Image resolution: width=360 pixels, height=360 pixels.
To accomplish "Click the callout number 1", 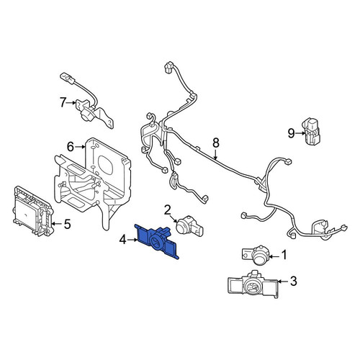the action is coord(284,255).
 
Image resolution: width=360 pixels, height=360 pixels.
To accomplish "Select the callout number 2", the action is coord(167,210).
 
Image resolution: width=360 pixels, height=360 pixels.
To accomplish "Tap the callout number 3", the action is coord(294,281).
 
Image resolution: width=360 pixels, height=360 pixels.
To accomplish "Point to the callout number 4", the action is coord(122,240).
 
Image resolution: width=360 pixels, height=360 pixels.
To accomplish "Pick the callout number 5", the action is coord(67,224).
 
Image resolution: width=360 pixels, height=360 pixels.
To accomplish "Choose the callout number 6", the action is coord(71,147).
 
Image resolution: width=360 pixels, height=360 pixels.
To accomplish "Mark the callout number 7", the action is coord(63,102).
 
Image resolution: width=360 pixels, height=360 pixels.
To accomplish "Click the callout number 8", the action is coord(216,143).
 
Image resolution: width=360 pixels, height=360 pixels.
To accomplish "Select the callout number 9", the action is coord(291,133).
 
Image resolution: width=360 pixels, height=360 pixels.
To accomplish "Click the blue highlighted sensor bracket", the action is coord(156,241).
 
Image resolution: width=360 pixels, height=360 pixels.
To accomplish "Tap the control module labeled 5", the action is coord(33,211).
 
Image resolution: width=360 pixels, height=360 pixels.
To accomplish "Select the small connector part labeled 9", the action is coord(311,131).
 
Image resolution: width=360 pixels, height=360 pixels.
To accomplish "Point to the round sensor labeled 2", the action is coord(189,225).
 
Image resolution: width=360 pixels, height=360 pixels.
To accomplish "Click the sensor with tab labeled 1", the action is coord(256,255).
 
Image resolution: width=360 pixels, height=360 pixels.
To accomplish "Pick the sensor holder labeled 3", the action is coord(253,285).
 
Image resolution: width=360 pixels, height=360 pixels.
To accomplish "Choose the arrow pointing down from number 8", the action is coord(216,155).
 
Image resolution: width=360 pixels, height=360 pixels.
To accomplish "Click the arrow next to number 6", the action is coord(81,147).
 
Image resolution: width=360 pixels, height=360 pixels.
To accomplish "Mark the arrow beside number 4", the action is coord(132,240).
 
